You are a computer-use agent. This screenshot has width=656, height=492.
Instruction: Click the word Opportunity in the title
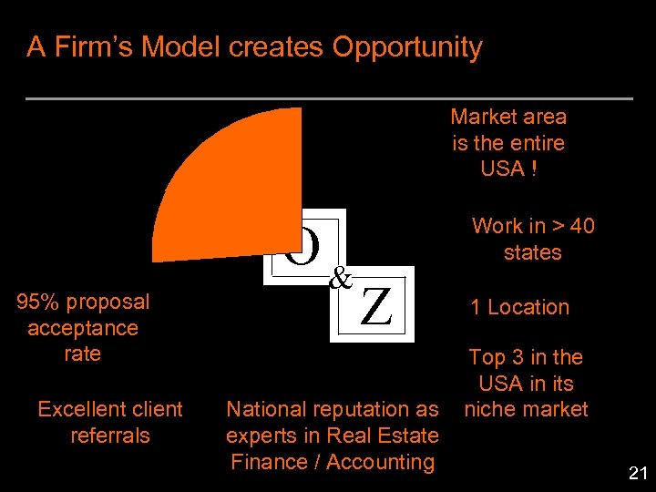tap(406, 47)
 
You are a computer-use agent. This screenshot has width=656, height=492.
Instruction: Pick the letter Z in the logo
tap(376, 307)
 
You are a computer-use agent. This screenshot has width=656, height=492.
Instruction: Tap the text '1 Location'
tap(519, 307)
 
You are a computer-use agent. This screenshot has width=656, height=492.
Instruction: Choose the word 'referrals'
tap(109, 436)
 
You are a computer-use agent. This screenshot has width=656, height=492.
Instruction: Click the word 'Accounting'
tap(380, 462)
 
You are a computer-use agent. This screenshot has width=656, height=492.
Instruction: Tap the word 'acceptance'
tap(83, 328)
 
